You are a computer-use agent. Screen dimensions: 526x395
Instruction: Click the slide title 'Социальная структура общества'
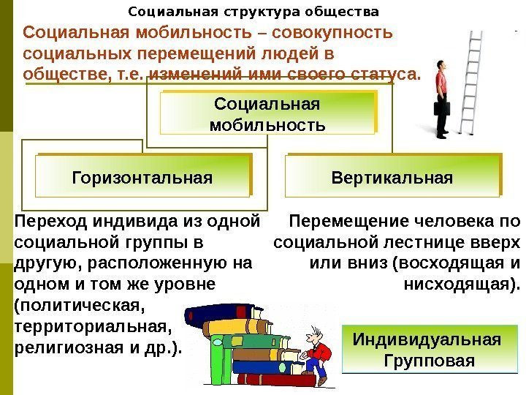[254, 12]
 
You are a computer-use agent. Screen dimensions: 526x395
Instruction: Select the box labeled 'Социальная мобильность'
[267, 114]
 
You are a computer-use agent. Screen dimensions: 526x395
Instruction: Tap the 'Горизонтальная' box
[142, 178]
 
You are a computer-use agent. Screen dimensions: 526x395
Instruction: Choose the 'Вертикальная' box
[392, 178]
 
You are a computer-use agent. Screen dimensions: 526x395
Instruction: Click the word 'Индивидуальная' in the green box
[427, 340]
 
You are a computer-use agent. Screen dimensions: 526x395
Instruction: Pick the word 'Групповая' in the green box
[428, 361]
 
